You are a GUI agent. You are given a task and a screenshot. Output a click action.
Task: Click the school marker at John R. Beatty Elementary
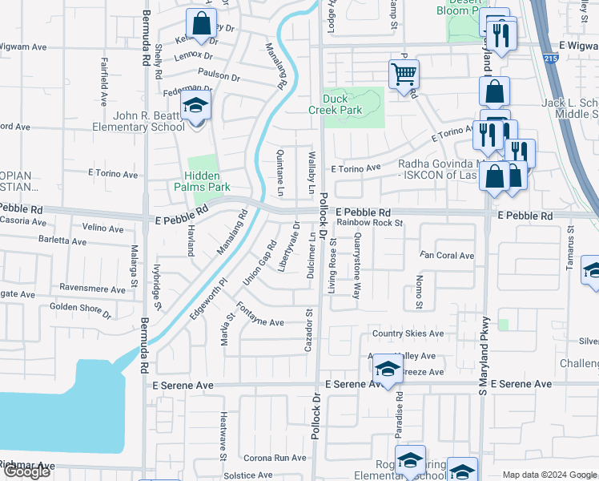195,105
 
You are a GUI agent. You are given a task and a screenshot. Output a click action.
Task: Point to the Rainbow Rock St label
369,224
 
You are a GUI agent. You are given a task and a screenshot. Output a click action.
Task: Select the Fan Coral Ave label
447,256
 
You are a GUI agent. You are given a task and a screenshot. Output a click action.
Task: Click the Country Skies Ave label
408,333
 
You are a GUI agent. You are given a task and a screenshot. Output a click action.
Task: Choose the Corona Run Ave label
275,458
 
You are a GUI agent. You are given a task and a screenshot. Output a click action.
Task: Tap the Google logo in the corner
26,471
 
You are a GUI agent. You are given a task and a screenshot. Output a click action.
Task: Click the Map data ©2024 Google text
549,475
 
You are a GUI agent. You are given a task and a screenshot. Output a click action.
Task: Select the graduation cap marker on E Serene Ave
387,370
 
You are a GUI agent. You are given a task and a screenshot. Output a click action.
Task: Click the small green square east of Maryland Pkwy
503,325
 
